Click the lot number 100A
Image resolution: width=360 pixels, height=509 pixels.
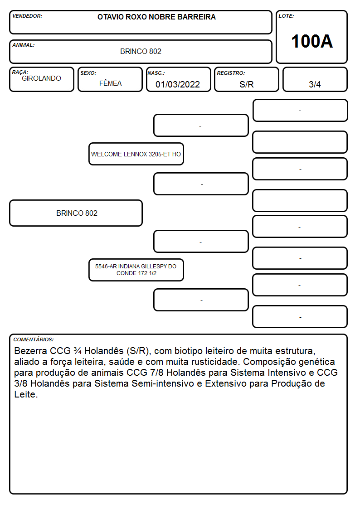click(311, 41)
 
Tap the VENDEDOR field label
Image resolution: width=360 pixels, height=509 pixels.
click(27, 16)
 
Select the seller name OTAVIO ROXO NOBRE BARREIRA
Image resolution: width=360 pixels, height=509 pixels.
click(156, 17)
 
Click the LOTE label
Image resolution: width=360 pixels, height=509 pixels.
click(286, 16)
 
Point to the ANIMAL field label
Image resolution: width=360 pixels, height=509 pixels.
click(24, 45)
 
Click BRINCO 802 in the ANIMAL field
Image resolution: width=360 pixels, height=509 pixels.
click(141, 51)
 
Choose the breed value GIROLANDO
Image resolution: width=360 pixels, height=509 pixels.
click(41, 78)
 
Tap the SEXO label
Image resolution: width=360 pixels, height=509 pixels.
click(88, 73)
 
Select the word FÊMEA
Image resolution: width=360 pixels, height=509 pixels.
click(110, 83)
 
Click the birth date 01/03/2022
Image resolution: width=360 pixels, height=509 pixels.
click(178, 84)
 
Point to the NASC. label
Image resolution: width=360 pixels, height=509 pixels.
click(156, 73)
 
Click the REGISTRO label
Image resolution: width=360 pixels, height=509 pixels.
click(231, 73)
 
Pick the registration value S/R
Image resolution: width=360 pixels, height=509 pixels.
click(246, 84)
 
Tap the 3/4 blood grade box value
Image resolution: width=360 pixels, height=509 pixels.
click(315, 84)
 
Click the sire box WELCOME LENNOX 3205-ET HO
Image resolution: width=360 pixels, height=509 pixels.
click(136, 154)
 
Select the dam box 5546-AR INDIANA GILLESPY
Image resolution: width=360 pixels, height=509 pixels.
click(136, 270)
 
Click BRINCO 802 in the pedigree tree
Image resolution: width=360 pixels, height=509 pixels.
click(77, 213)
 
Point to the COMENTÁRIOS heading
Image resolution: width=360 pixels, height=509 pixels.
click(34, 339)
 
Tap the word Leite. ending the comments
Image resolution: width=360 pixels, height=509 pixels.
click(26, 394)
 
